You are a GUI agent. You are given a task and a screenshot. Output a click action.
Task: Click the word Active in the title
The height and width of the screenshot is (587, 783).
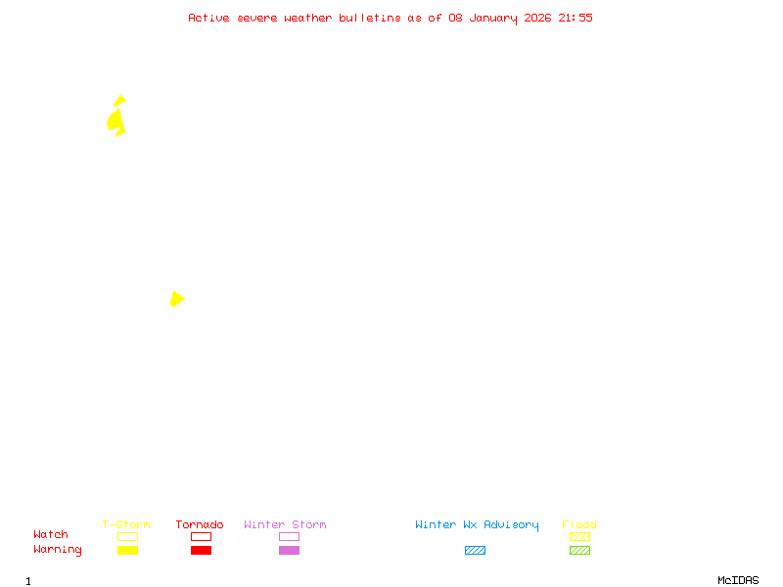pyautogui.click(x=209, y=18)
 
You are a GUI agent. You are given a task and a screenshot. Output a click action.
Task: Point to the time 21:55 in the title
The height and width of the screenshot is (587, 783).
pyautogui.click(x=576, y=18)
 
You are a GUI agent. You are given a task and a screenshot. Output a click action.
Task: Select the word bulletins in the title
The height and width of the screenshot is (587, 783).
pyautogui.click(x=369, y=18)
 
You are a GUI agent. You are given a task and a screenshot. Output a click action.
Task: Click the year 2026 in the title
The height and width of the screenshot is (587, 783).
pyautogui.click(x=537, y=18)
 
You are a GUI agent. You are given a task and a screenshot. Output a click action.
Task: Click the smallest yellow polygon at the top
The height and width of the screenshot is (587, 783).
pyautogui.click(x=119, y=100)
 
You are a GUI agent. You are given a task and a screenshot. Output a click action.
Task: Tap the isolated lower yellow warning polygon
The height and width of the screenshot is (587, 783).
pyautogui.click(x=176, y=298)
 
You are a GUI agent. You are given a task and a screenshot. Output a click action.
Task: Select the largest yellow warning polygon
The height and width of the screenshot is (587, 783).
pyautogui.click(x=115, y=120)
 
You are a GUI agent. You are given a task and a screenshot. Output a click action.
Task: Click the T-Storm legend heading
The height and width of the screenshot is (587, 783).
pyautogui.click(x=126, y=524)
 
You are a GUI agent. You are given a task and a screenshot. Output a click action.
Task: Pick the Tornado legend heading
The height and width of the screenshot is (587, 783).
pyautogui.click(x=200, y=524)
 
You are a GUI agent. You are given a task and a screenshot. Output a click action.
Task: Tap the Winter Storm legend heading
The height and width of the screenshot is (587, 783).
pyautogui.click(x=285, y=524)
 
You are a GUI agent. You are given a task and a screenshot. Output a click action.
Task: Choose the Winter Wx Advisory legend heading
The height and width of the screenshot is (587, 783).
pyautogui.click(x=477, y=524)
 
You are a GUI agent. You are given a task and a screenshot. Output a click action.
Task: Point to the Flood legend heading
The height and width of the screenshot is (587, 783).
pyautogui.click(x=579, y=524)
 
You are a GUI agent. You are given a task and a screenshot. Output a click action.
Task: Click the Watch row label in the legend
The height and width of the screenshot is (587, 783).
pyautogui.click(x=51, y=535)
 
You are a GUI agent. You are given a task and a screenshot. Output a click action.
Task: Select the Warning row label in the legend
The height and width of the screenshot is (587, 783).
pyautogui.click(x=58, y=550)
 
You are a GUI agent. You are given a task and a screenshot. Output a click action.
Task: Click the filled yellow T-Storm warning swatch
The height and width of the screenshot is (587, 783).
pyautogui.click(x=127, y=551)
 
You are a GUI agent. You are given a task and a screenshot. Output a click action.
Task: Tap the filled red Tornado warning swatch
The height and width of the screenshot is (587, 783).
pyautogui.click(x=201, y=551)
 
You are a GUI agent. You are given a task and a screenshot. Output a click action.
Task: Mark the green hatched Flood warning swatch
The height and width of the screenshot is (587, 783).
pyautogui.click(x=579, y=551)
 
